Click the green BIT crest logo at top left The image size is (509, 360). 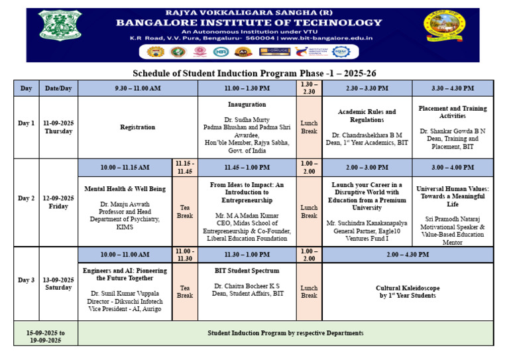[x=59, y=24]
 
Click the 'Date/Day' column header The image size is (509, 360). [x=58, y=88]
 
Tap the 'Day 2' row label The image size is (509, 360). [x=27, y=198]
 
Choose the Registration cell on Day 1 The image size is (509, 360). [x=138, y=127]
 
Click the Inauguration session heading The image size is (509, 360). [x=247, y=104]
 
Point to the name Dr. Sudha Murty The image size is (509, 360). [x=247, y=119]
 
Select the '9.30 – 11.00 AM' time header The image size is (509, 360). [x=138, y=88]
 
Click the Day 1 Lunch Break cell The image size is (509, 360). [x=309, y=127]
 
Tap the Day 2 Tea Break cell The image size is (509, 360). [x=185, y=211]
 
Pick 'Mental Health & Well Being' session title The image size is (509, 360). [x=125, y=189]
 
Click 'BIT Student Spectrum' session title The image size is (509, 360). [x=247, y=270]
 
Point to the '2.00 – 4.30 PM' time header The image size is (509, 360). [x=408, y=255]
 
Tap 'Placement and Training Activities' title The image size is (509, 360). [x=453, y=111]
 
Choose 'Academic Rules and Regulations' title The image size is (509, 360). [x=367, y=115]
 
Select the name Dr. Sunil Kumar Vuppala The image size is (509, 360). [x=125, y=292]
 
